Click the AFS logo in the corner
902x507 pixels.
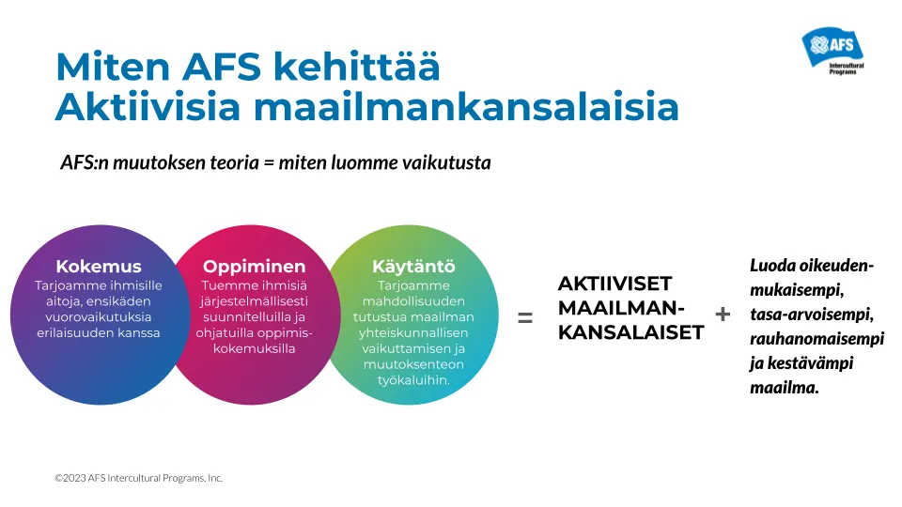(832, 50)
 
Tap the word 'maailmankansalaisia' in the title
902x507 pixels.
(466, 106)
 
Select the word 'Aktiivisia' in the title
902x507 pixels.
(148, 106)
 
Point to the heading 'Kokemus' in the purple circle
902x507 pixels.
(99, 266)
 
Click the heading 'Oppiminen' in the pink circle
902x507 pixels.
(255, 266)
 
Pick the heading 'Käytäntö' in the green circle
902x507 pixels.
(413, 266)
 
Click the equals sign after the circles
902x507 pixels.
(524, 317)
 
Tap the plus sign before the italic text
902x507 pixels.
(723, 314)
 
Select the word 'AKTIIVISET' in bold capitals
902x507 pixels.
(614, 284)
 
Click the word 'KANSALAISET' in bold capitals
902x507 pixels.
(631, 332)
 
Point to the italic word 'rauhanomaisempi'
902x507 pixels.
(816, 339)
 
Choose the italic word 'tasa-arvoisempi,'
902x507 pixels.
(812, 315)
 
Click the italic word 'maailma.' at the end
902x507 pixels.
(784, 387)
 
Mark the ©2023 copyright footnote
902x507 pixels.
(139, 478)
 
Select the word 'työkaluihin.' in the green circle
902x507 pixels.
(413, 380)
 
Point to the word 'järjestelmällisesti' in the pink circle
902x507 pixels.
(255, 301)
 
